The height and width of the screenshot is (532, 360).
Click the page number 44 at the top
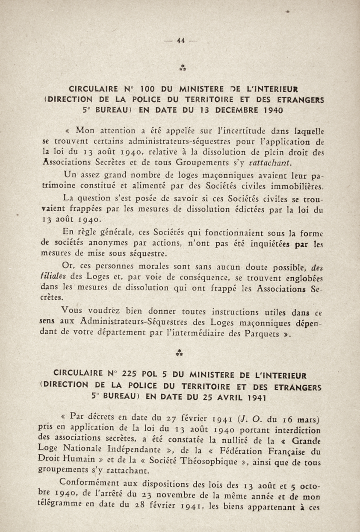coord(180,41)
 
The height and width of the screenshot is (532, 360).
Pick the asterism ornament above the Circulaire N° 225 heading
coord(180,353)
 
